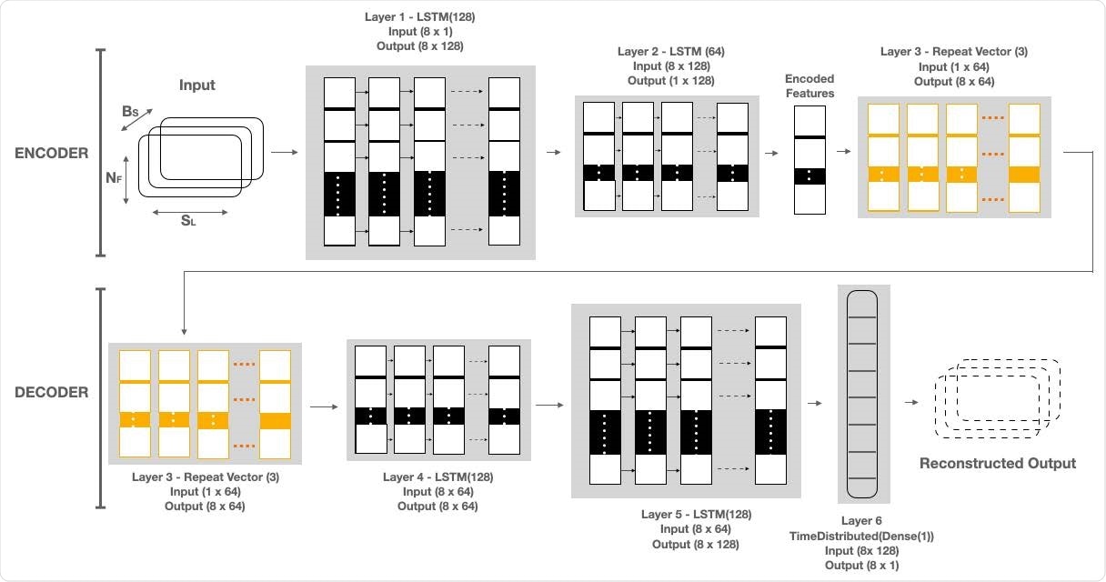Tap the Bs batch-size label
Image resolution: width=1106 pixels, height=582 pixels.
pos(131,112)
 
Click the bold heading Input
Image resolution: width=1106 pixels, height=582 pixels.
pos(197,85)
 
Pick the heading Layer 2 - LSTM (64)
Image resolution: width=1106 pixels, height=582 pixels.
pos(670,51)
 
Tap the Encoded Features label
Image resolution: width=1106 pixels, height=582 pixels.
pos(809,86)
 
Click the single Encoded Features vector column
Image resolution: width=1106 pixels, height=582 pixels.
pos(809,160)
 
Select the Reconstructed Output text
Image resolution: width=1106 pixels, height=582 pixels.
pos(997,463)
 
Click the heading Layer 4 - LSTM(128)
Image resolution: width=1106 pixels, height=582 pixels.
pos(438,477)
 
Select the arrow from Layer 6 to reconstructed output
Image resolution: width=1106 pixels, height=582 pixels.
pos(910,401)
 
